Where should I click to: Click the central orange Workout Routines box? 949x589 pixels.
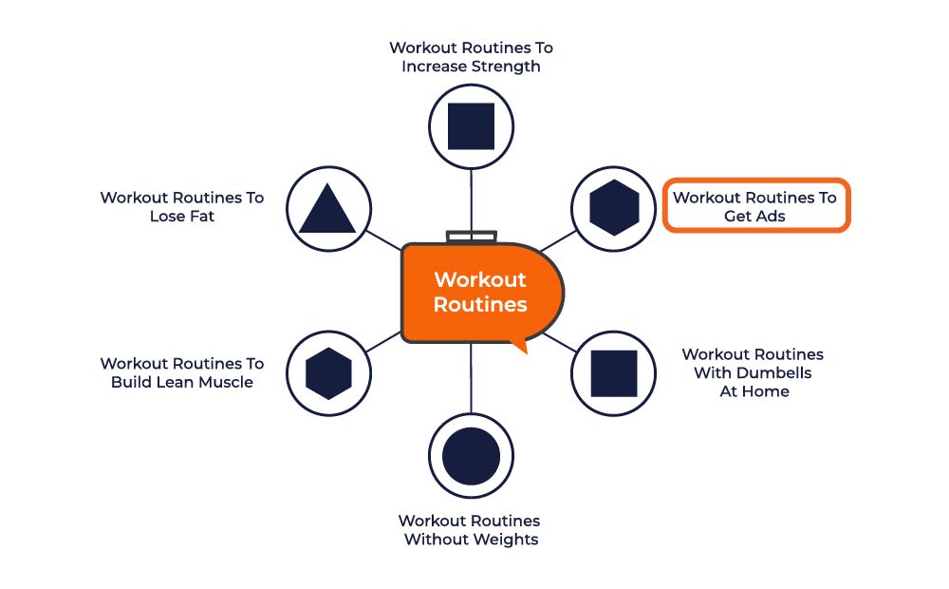[480, 293]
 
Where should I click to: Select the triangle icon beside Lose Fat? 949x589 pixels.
[327, 210]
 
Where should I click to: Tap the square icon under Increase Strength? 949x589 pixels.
[471, 126]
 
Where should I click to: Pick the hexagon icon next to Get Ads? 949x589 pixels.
[614, 208]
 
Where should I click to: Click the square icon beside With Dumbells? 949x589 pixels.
[614, 373]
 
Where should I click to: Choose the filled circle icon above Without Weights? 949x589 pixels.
[471, 456]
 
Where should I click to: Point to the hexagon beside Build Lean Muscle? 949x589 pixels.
[328, 373]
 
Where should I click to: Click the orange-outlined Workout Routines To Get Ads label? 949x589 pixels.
[755, 206]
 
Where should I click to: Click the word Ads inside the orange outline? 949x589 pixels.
[770, 216]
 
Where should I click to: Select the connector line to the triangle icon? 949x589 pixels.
[383, 240]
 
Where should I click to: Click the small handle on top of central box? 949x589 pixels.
[471, 236]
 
